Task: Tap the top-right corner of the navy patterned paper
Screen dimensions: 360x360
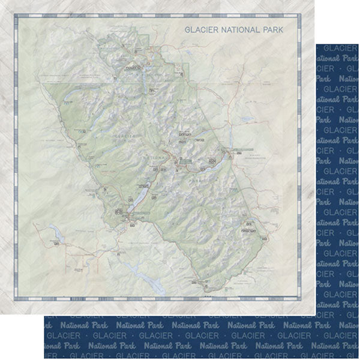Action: (x=359, y=43)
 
